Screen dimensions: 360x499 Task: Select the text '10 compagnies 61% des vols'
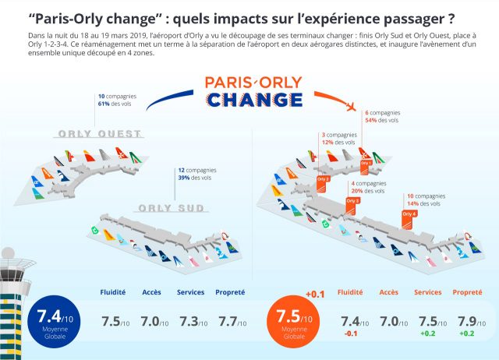click(115, 100)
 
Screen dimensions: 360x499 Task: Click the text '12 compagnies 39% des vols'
click(196, 174)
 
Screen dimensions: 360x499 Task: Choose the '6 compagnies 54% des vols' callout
click(383, 117)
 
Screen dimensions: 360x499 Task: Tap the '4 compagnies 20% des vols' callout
click(367, 186)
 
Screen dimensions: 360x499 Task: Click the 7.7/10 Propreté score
click(229, 322)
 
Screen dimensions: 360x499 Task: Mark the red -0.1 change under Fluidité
click(351, 336)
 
